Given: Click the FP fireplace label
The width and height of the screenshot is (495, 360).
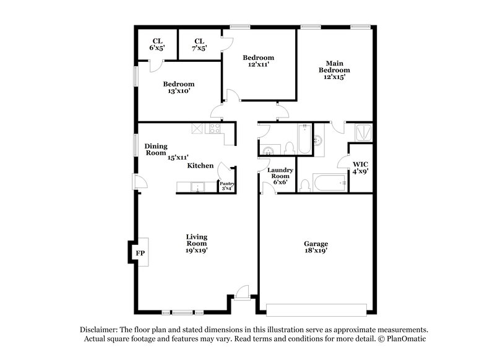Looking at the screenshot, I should point(140,253).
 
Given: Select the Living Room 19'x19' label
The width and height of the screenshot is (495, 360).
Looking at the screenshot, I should point(197,243).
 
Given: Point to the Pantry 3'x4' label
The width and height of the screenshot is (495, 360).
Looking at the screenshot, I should point(227,186).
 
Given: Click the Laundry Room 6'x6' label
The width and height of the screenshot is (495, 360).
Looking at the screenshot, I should point(278,176).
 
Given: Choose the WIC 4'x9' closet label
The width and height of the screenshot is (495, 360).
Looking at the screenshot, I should point(360,168).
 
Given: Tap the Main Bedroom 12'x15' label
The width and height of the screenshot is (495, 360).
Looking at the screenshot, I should point(334,69).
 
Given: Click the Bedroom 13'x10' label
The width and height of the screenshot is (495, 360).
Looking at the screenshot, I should point(179,87).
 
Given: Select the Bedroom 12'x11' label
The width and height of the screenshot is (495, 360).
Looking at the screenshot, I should point(258,61).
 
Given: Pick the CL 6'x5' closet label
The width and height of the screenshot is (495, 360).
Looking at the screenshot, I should point(158,44).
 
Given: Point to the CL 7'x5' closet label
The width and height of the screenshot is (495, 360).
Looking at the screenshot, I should point(200,44).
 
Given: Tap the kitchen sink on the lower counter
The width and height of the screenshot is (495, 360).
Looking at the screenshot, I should point(198,187).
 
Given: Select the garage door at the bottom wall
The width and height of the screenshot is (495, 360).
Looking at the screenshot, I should point(317,309).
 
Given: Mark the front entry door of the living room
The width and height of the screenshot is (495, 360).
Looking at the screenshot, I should point(242,293).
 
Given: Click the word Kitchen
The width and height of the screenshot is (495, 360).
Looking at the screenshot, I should point(200,166).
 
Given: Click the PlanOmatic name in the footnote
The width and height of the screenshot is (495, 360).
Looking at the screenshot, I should point(405,340).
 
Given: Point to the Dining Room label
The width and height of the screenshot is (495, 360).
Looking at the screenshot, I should point(156,149).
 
